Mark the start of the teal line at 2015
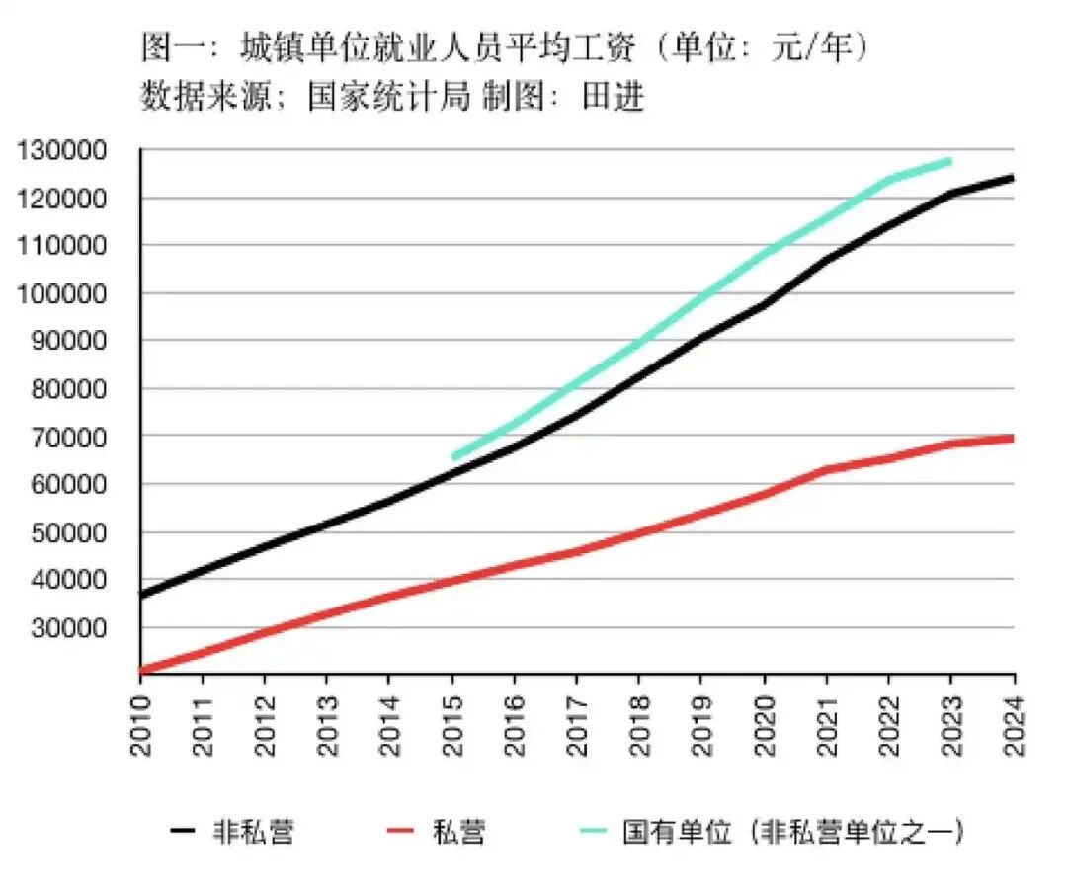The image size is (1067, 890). (x=453, y=456)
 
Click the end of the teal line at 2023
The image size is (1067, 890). (x=950, y=161)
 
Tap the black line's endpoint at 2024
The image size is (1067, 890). (x=1013, y=178)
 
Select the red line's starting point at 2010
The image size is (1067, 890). (x=142, y=671)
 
